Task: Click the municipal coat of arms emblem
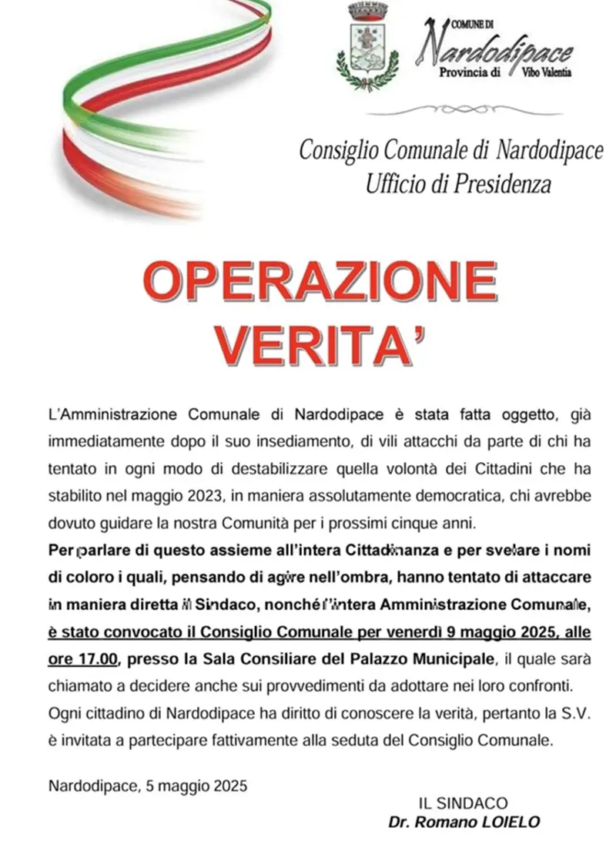click(368, 47)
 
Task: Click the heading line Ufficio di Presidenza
click(459, 183)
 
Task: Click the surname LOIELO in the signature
click(511, 822)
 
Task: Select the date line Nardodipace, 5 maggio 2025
click(147, 786)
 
